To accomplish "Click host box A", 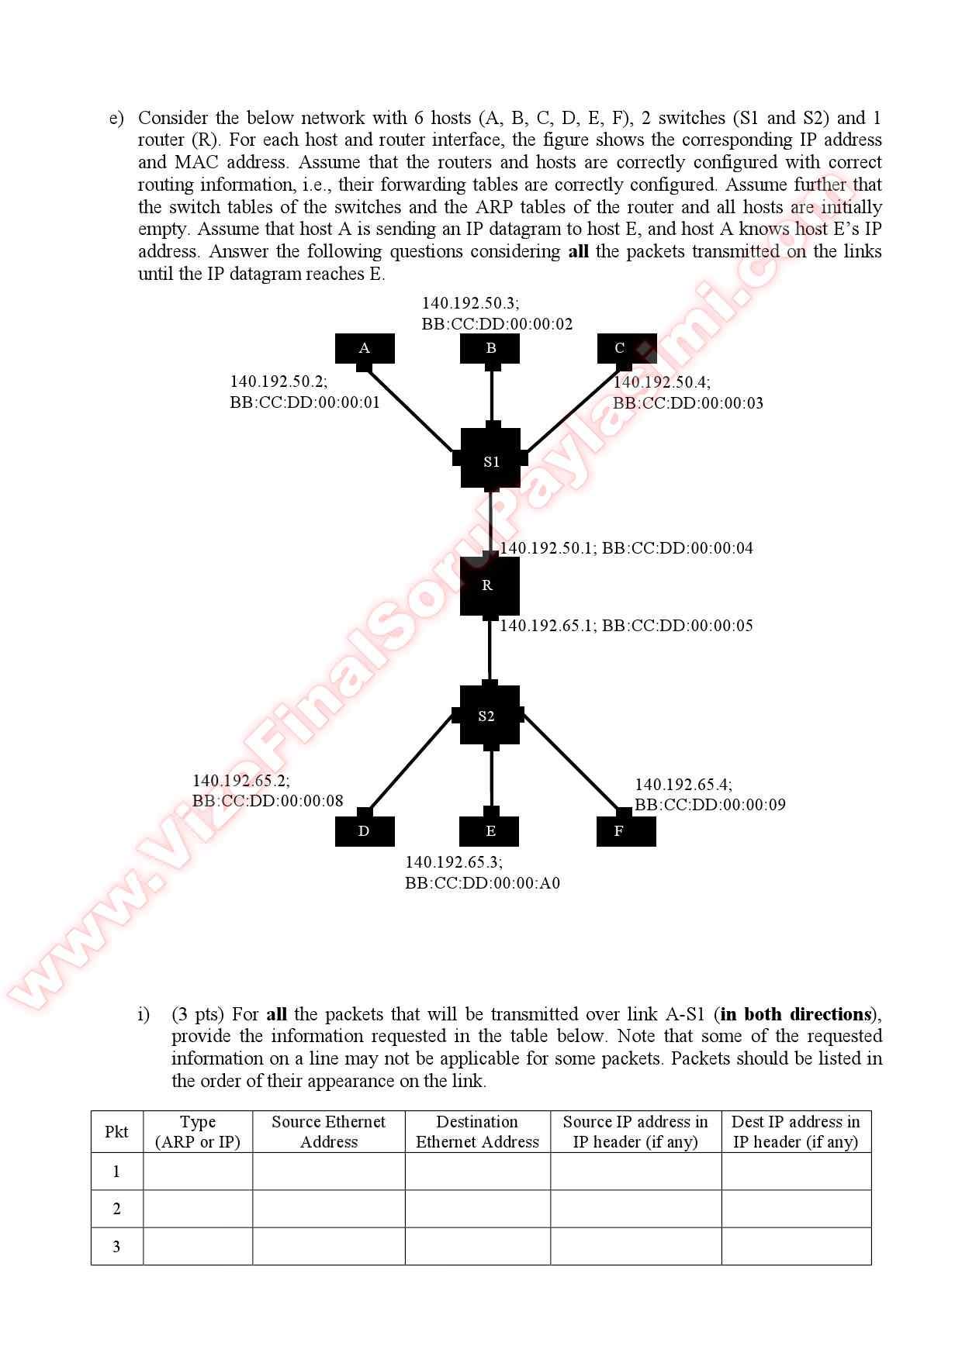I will point(365,348).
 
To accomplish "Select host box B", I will point(490,348).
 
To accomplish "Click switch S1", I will point(490,461).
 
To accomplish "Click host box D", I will point(365,831).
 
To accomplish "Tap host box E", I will point(489,831).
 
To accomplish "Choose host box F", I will point(625,831).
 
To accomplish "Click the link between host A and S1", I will point(410,410).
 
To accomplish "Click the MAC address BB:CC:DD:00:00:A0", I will point(482,883).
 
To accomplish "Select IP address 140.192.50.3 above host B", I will point(470,303).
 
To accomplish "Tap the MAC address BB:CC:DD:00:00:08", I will point(268,801).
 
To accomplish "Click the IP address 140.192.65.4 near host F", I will point(683,785).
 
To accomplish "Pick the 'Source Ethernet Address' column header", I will point(328,1131).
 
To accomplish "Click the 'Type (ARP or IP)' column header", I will point(198,1131).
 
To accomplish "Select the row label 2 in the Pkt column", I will point(116,1209).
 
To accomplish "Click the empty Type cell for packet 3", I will point(198,1246).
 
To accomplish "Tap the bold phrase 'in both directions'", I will point(795,1014).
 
